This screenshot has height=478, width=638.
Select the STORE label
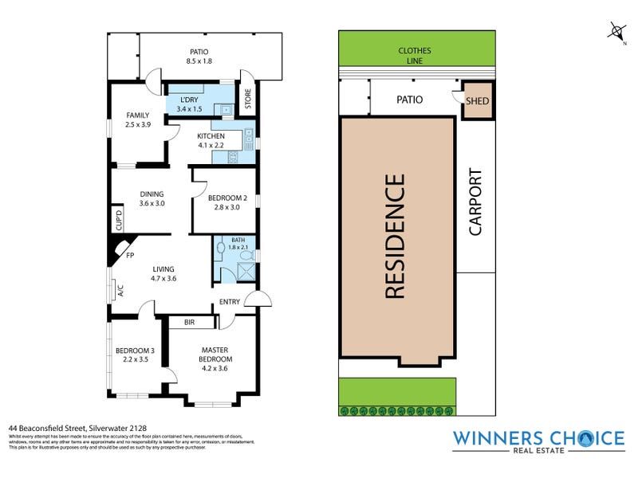coord(248,101)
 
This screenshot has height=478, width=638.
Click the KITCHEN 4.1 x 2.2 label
coord(211,141)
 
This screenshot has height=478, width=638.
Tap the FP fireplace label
coord(130,257)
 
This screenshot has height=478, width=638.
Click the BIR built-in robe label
coord(189,323)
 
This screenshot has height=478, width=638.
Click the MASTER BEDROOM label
coord(215,354)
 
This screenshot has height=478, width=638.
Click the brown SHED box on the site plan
coord(477,101)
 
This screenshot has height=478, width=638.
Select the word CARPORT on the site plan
coord(475,202)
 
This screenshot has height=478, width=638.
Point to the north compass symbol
coord(616,31)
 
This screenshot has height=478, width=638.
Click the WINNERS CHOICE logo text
coord(538,439)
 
